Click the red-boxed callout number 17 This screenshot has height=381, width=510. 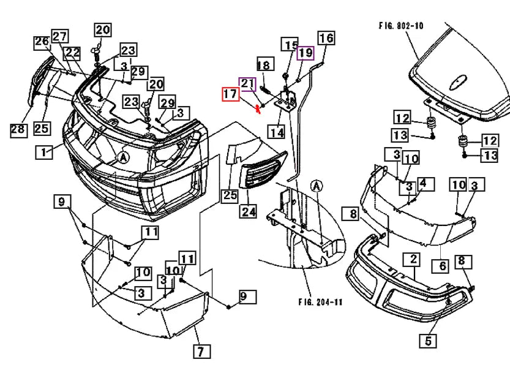tap(230, 95)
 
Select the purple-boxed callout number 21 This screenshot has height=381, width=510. tap(247, 84)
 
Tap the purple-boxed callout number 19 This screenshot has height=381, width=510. tap(305, 53)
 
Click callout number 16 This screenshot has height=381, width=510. tap(326, 38)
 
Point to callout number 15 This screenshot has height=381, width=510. tap(290, 45)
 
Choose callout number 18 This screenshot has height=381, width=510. tap(264, 65)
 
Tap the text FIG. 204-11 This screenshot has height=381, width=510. tap(321, 302)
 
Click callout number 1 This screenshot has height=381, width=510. tap(43, 152)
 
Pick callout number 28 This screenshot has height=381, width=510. tap(17, 129)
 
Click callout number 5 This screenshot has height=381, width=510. tap(427, 340)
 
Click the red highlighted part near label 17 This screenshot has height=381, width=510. tap(259, 110)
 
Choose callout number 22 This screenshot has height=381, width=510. tap(73, 54)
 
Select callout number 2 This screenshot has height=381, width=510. tap(414, 260)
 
